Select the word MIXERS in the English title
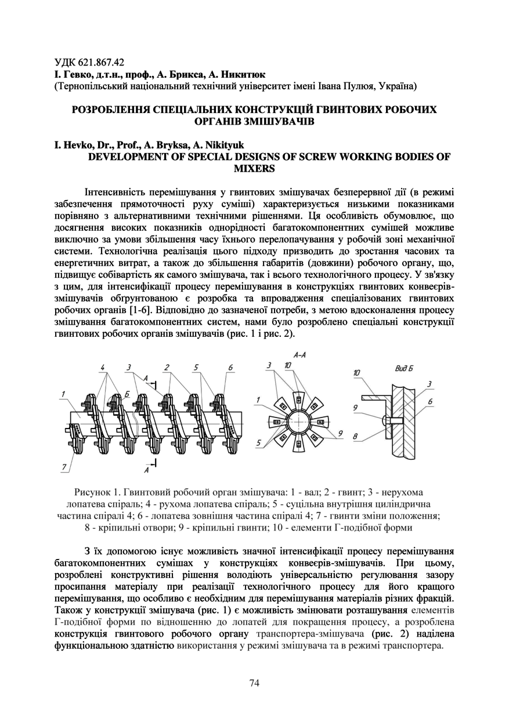click(x=254, y=169)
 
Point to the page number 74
click(x=254, y=683)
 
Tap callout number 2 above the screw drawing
click(x=167, y=368)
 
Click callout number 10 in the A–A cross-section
click(x=288, y=366)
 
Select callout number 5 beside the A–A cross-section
click(x=259, y=444)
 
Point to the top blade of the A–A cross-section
click(x=299, y=400)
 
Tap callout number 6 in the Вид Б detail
click(x=429, y=401)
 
